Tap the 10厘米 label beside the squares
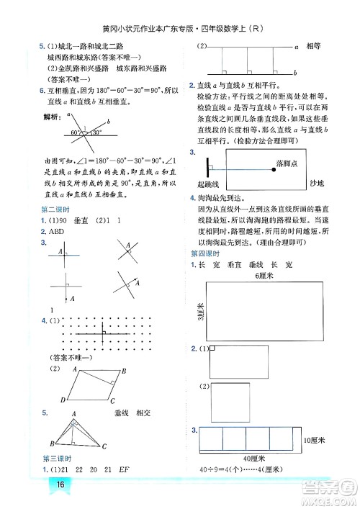tap(314, 439)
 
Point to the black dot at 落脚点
tap(274, 165)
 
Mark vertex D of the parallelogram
tap(63, 400)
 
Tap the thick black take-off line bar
tap(208, 165)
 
